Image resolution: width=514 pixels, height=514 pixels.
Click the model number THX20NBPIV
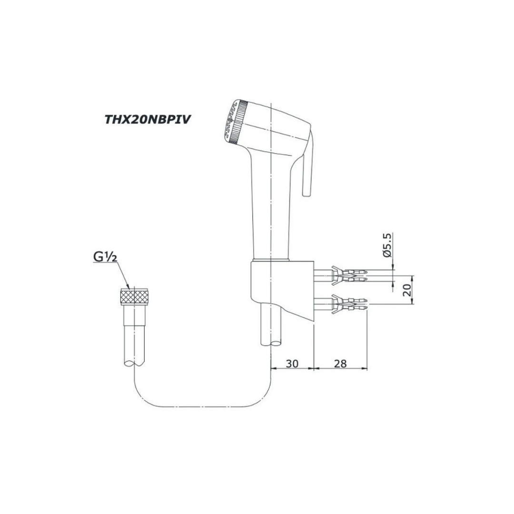click(148, 119)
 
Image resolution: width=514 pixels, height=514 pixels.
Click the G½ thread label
click(105, 257)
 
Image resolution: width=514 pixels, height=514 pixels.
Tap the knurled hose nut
click(134, 297)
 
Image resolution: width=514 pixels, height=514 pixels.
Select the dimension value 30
click(292, 363)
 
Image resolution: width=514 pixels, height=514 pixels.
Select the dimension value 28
click(340, 363)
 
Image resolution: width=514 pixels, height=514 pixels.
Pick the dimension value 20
click(407, 290)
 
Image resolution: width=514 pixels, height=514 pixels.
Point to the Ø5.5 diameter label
click(387, 245)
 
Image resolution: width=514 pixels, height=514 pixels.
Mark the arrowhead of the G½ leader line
click(128, 287)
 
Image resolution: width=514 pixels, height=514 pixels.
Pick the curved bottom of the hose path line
click(203, 407)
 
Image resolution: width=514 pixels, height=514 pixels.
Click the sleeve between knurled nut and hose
click(134, 315)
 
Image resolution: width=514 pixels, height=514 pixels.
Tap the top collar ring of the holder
click(271, 260)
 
